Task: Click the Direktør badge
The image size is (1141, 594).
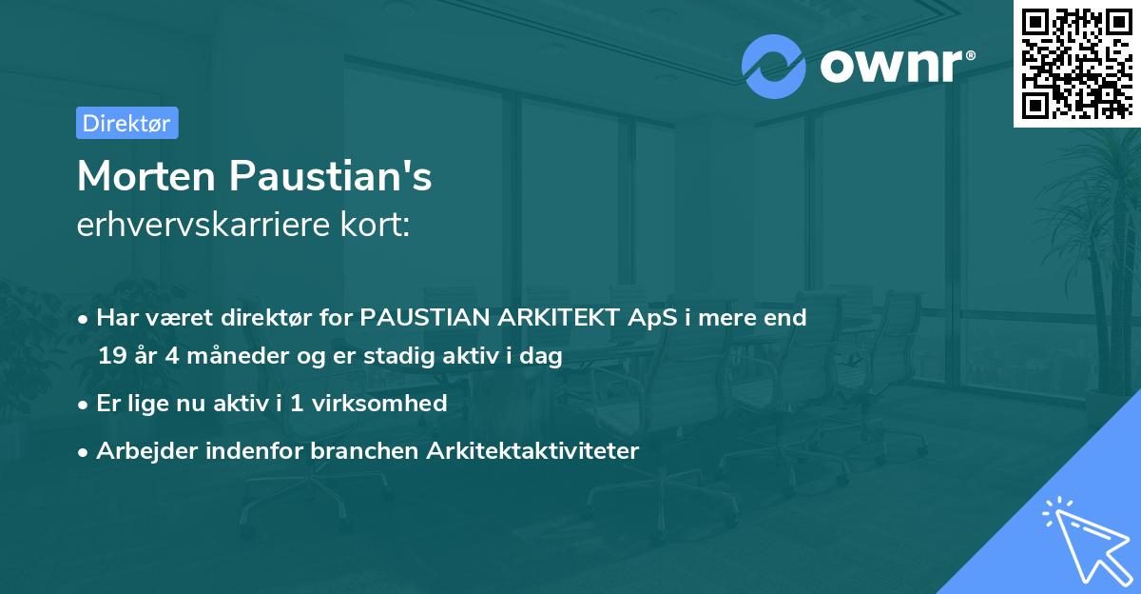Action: pyautogui.click(x=126, y=123)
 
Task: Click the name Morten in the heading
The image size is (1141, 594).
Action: pyautogui.click(x=145, y=177)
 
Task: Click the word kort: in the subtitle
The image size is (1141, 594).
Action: pyautogui.click(x=380, y=225)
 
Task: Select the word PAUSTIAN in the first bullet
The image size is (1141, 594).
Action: pyautogui.click(x=418, y=318)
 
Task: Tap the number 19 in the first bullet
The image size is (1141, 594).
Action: pyautogui.click(x=111, y=356)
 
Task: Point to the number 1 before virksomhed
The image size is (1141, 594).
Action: pyautogui.click(x=296, y=404)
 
